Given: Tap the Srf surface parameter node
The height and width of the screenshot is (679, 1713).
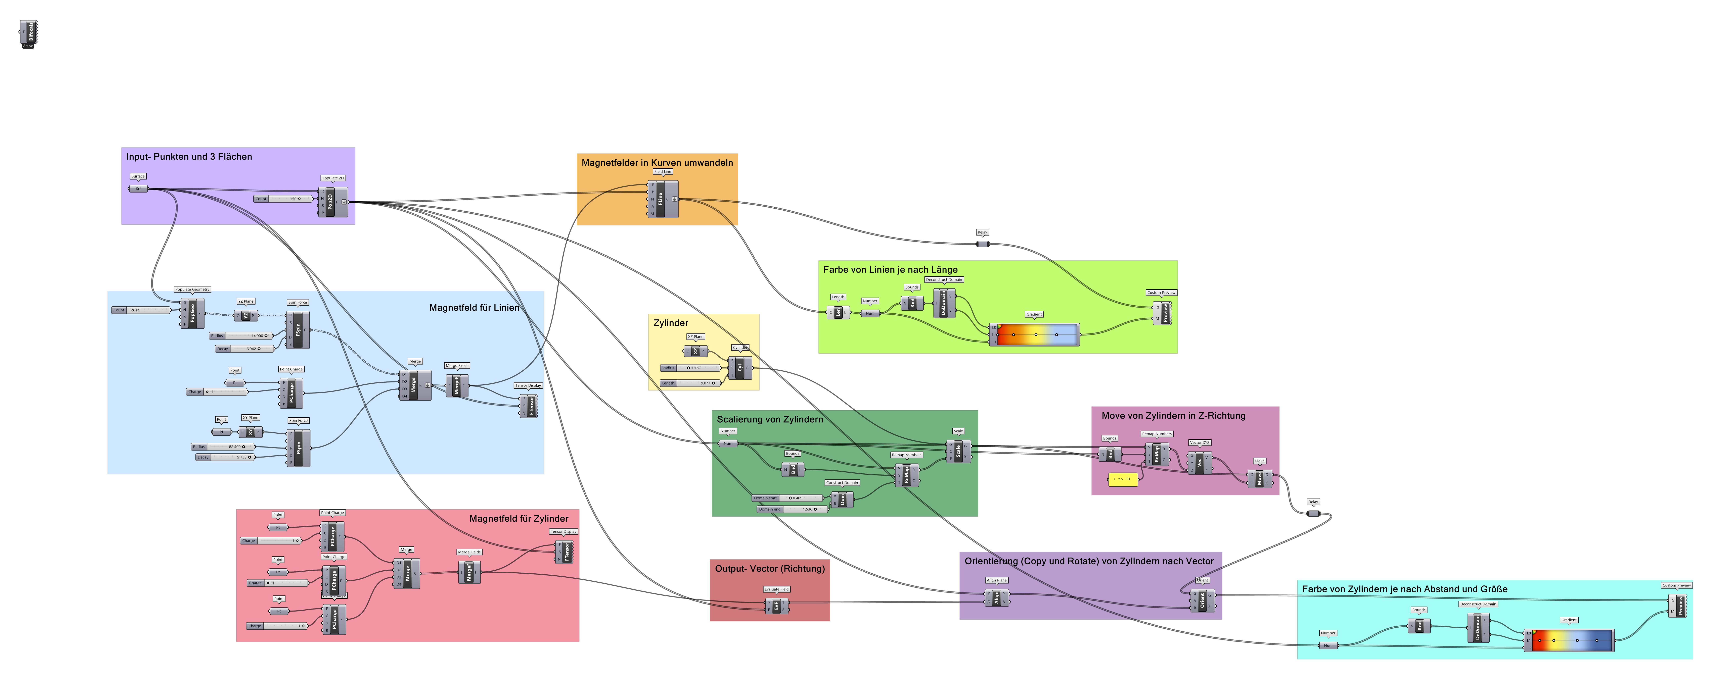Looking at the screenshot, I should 138,189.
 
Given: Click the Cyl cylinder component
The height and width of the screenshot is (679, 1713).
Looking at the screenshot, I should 740,367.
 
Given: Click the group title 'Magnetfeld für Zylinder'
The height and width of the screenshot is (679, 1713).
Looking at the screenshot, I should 519,518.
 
